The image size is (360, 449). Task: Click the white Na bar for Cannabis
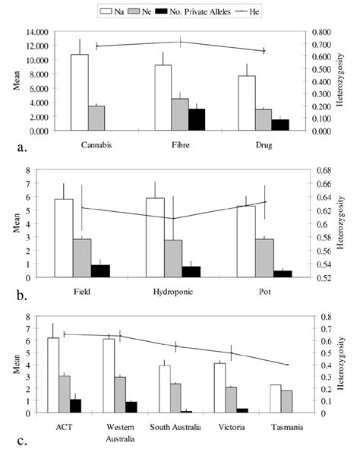point(79,92)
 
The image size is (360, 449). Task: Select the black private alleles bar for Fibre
point(196,119)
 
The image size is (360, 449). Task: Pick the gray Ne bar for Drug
point(263,119)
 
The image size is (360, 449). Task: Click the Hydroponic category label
point(165,292)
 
